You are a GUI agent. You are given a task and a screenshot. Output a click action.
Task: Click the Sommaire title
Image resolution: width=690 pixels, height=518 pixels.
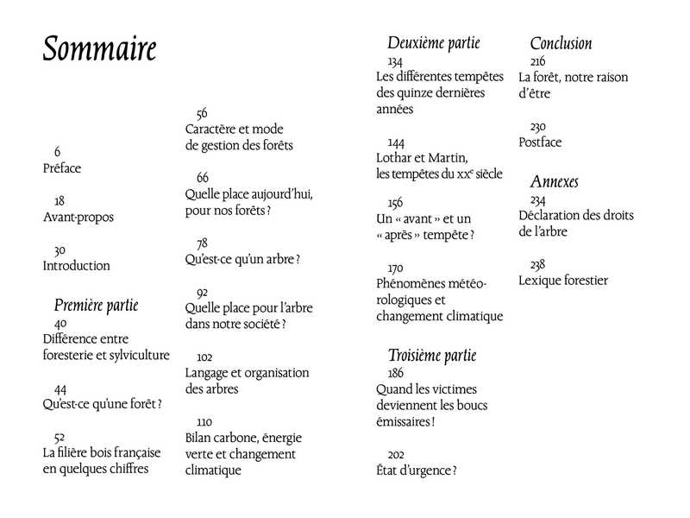(99, 49)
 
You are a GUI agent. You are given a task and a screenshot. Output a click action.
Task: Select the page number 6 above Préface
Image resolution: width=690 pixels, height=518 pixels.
(57, 152)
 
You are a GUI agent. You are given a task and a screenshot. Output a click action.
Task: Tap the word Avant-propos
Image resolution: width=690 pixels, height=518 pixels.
(78, 218)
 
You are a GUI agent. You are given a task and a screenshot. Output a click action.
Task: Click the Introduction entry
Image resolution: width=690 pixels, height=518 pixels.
(77, 266)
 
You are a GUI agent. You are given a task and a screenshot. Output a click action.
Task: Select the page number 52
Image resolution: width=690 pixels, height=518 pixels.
(60, 437)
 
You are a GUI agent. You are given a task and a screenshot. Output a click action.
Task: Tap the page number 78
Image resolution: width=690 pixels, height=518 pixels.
(202, 243)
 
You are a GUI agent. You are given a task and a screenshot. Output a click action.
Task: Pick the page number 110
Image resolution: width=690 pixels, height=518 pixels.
(204, 421)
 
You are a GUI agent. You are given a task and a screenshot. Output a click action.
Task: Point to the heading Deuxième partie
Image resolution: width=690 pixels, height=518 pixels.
(434, 43)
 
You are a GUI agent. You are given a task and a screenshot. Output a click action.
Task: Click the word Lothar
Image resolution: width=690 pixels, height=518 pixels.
(396, 158)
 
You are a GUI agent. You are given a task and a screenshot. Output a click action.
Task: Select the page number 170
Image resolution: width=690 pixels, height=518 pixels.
(396, 268)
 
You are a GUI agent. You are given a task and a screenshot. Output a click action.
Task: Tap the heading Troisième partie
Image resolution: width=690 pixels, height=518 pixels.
(432, 355)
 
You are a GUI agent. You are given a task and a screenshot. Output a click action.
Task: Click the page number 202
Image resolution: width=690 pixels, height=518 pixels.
(396, 454)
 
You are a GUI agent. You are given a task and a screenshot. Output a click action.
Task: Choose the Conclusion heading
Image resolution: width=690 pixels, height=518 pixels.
(561, 43)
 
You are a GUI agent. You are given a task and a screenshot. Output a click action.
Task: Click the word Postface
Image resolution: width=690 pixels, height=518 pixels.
(541, 142)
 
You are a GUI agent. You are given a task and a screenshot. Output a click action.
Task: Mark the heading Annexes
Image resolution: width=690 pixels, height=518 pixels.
(554, 182)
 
